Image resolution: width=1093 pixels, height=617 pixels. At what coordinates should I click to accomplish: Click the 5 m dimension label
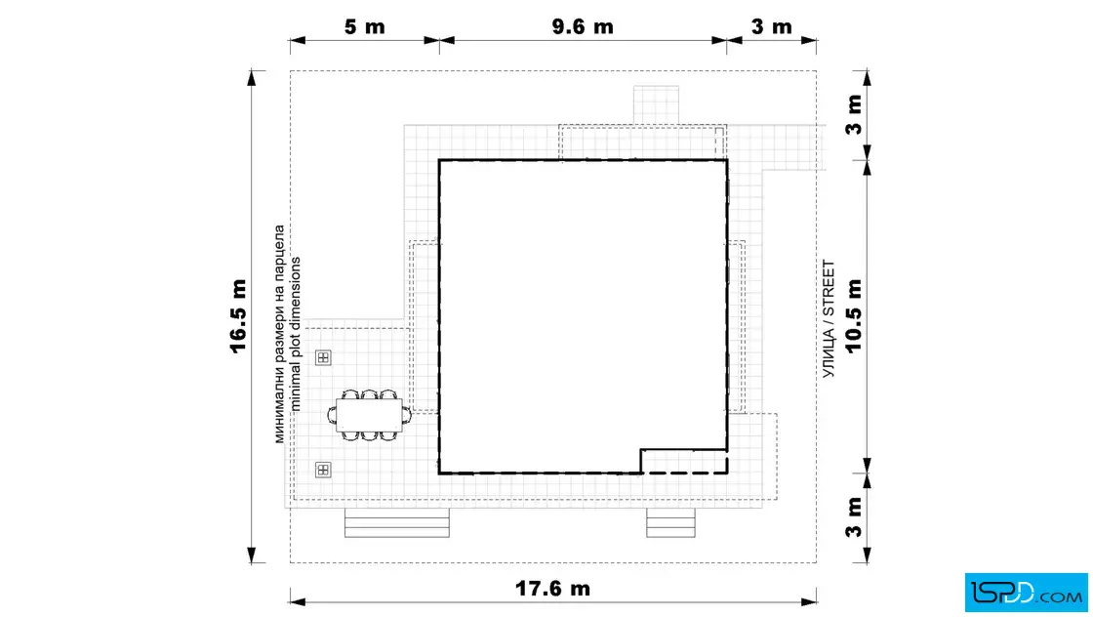[x=365, y=27]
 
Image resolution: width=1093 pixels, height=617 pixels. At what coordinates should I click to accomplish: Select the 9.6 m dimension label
[x=583, y=27]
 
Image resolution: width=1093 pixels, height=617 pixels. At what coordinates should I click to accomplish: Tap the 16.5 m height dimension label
[x=238, y=316]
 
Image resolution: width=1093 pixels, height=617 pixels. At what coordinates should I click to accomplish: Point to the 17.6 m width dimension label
[x=552, y=589]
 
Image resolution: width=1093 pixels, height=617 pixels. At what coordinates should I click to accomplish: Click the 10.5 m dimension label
[x=854, y=316]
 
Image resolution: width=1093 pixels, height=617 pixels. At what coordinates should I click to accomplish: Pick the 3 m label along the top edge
[x=772, y=27]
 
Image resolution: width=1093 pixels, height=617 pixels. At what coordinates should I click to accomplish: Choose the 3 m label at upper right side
[x=854, y=115]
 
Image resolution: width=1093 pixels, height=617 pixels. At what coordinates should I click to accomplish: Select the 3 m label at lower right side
[x=854, y=517]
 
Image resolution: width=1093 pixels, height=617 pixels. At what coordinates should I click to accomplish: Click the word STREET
[x=829, y=288]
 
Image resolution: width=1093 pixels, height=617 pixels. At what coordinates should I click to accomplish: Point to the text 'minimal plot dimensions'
[x=296, y=334]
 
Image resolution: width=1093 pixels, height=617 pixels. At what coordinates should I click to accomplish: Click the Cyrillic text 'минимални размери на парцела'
[x=279, y=334]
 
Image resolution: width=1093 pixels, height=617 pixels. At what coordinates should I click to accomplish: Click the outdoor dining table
[x=370, y=416]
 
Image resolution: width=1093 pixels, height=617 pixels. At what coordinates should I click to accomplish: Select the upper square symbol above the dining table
[x=323, y=357]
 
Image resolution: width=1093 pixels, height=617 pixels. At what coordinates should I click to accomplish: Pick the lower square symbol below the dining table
[x=323, y=470]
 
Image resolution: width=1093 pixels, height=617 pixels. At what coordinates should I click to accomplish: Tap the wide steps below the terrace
[x=397, y=523]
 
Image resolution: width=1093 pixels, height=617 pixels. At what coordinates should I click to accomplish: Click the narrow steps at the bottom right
[x=670, y=523]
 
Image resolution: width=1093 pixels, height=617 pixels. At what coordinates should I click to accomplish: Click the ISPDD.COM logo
[x=1026, y=593]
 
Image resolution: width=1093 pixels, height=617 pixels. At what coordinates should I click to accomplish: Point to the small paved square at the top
[x=656, y=105]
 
